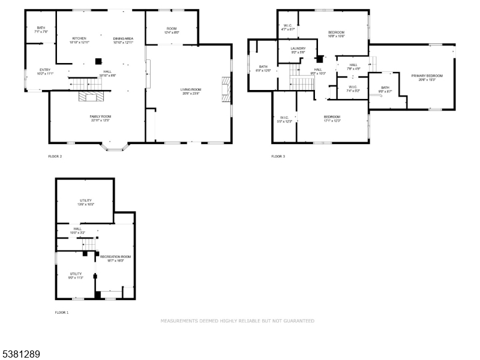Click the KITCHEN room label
tap(79, 38)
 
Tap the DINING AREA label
tap(123, 38)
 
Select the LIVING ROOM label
tap(191, 90)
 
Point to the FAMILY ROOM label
tap(100, 116)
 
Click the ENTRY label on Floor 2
tap(46, 70)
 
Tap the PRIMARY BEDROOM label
tap(427, 76)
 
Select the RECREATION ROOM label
tap(115, 256)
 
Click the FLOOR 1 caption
tap(62, 313)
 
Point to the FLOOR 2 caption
tap(55, 157)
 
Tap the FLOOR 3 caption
tap(278, 157)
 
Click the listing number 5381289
tap(20, 355)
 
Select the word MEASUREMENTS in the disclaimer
tap(179, 321)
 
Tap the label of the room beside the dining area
tap(172, 28)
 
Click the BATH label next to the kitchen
tap(41, 28)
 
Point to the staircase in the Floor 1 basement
tap(88, 244)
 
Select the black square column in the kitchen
tap(100, 60)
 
